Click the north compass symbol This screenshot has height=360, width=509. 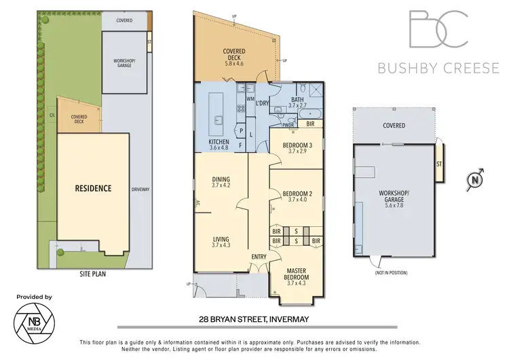[x=476, y=180]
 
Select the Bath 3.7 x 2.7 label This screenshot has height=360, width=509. [x=298, y=103]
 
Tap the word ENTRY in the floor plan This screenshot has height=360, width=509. [x=258, y=256]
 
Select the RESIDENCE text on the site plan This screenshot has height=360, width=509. [x=93, y=188]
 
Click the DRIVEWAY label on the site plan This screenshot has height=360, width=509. [x=140, y=189]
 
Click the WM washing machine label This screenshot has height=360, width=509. [x=250, y=99]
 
